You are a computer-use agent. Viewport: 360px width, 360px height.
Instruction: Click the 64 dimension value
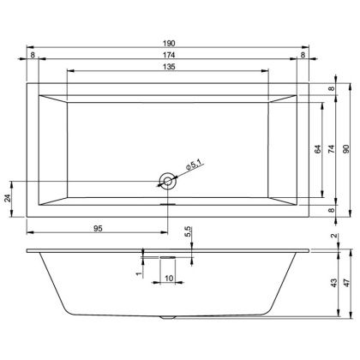tap(316, 150)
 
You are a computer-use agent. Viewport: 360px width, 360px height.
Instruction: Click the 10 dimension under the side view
tap(169, 279)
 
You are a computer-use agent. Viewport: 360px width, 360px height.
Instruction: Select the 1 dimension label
tap(139, 273)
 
